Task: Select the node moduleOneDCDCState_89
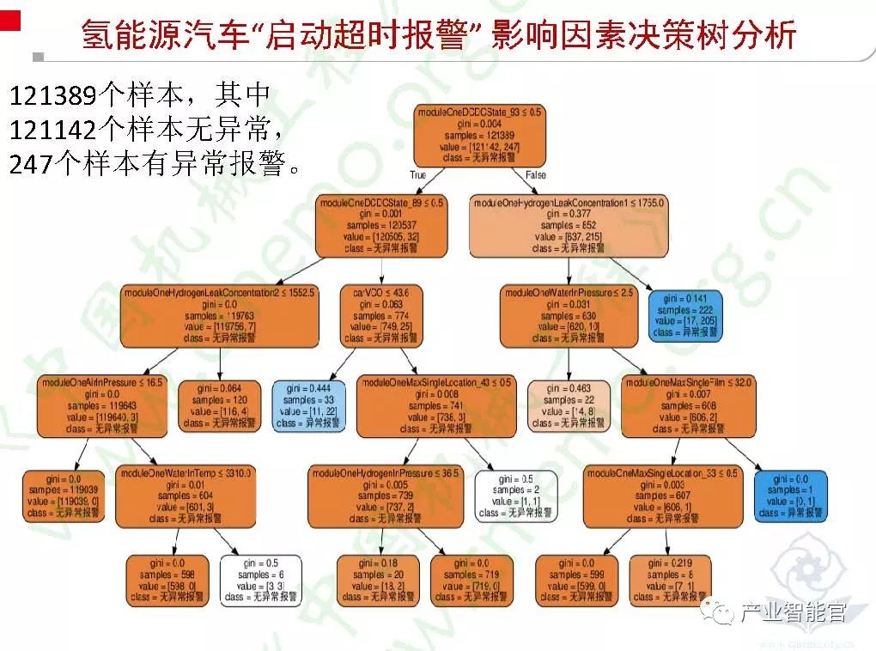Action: coord(381,225)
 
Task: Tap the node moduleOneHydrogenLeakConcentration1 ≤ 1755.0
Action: coord(569,225)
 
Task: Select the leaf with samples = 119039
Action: coord(64,496)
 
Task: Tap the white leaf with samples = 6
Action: coord(260,581)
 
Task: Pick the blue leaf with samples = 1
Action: coord(791,496)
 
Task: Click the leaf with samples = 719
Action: coord(471,581)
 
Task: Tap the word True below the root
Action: coord(418,174)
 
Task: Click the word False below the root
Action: coord(535,174)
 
